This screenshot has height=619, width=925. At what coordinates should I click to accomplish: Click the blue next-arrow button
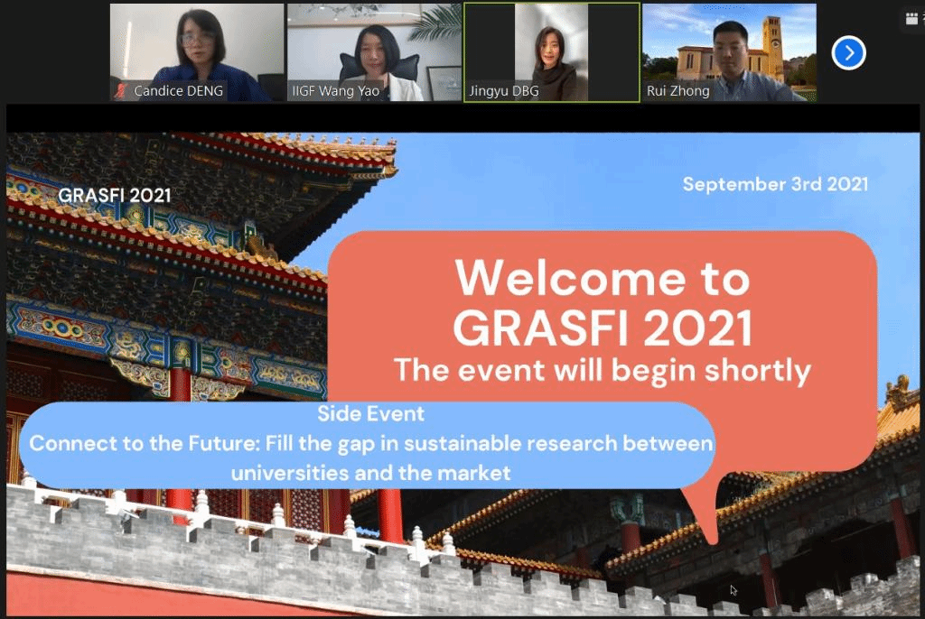(x=848, y=53)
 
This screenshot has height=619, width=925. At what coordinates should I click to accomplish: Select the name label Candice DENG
(x=178, y=91)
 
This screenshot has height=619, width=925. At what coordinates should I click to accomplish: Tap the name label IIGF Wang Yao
(x=336, y=91)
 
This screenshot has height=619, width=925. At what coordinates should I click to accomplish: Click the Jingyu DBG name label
(x=504, y=91)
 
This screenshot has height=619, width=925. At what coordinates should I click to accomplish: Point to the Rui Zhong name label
(x=677, y=91)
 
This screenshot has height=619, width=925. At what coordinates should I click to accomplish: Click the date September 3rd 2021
(x=775, y=184)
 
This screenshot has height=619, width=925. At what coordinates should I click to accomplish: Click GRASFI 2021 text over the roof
(x=115, y=195)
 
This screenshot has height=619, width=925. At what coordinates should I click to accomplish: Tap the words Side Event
(x=370, y=414)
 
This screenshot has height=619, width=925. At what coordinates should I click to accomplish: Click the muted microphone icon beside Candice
(x=122, y=91)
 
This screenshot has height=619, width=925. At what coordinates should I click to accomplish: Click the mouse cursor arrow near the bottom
(x=733, y=590)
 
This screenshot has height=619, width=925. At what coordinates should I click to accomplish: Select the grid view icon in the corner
(x=911, y=19)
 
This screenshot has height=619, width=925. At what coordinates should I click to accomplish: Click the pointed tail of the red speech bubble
(x=714, y=540)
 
